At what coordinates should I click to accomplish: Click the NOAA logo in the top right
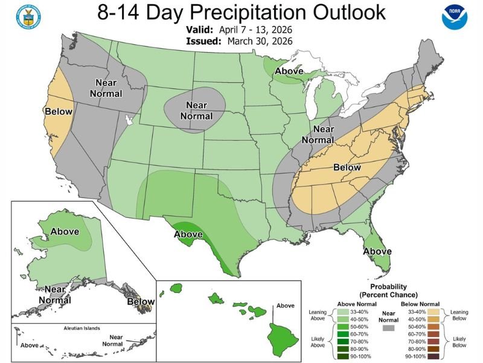[455, 18]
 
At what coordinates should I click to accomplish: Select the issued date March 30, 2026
[260, 41]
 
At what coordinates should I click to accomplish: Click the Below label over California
[59, 111]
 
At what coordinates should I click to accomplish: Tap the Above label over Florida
[377, 251]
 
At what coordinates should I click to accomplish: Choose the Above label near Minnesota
[289, 71]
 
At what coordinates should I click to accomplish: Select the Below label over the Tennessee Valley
[347, 168]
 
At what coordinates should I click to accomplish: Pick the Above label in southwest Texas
[188, 234]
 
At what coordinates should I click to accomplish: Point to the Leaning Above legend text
[319, 315]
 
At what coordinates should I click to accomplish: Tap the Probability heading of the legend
[388, 287]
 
